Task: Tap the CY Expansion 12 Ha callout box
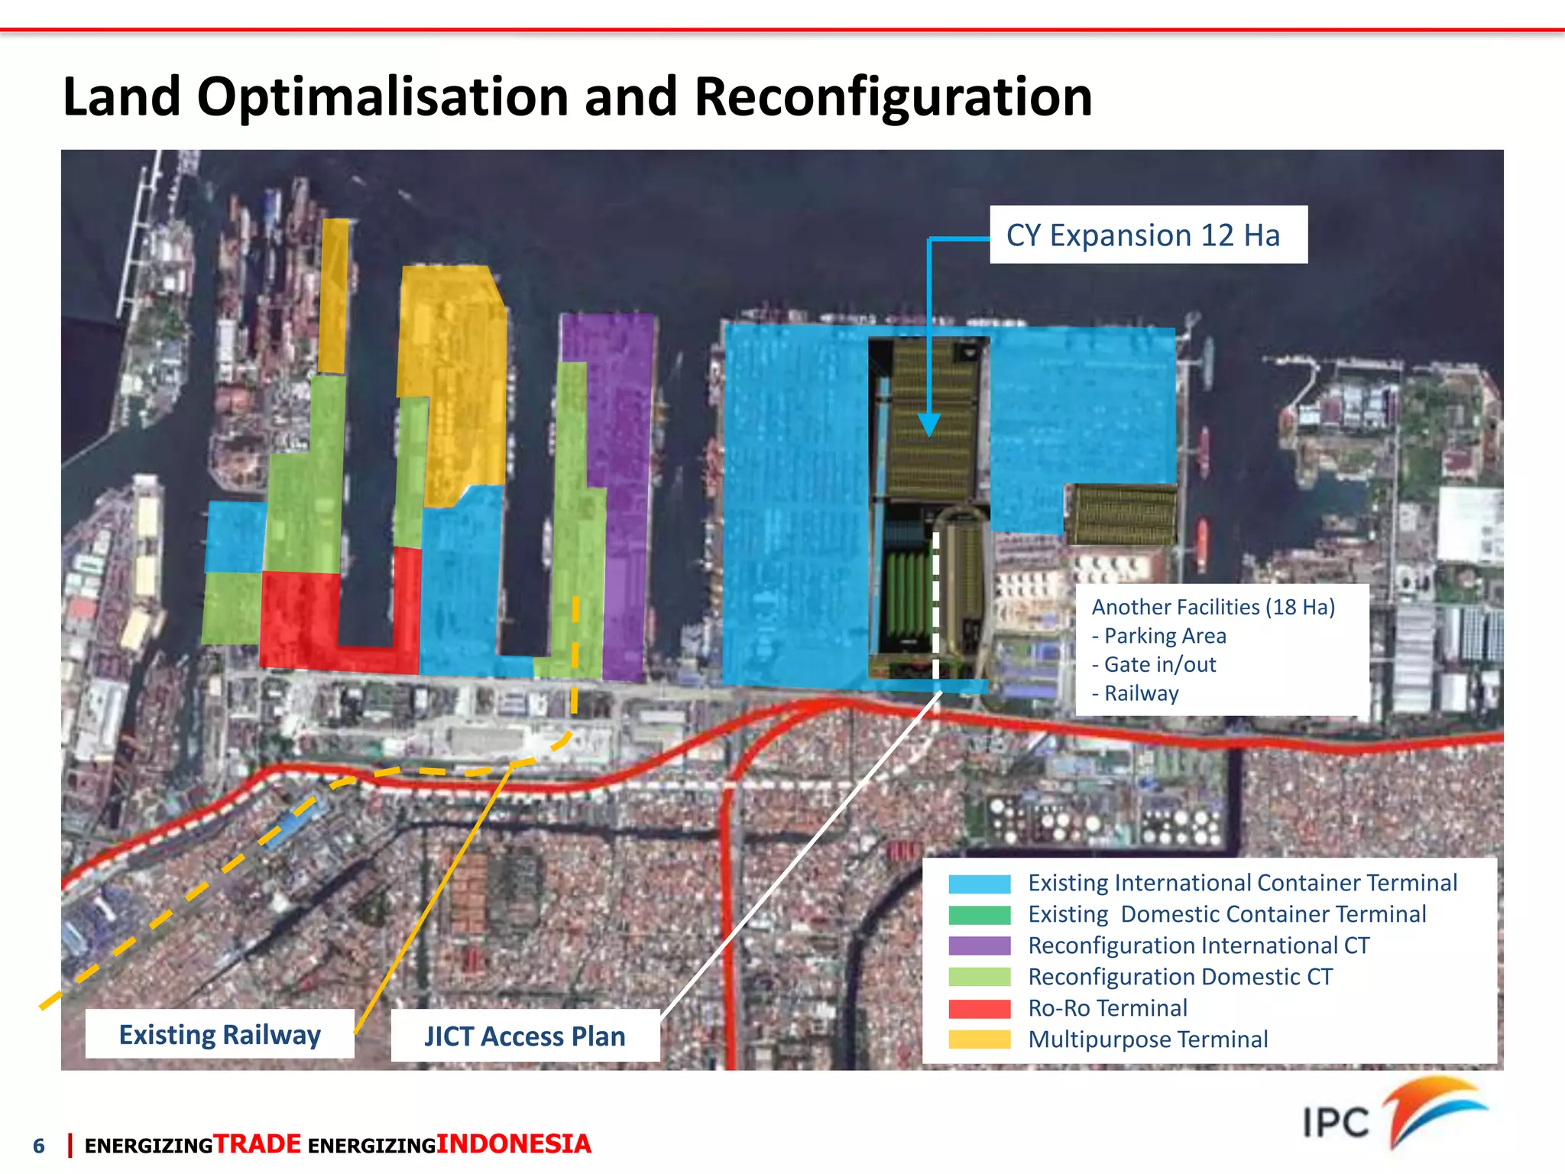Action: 1148,235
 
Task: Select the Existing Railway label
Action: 219,1034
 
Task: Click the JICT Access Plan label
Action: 525,1036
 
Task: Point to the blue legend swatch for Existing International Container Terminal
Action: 979,884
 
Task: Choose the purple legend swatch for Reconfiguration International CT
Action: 979,946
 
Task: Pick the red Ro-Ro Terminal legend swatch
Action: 979,1009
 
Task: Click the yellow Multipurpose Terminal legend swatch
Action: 979,1040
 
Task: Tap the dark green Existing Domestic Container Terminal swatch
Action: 979,915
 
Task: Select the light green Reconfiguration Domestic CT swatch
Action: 979,978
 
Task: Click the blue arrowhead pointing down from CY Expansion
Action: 928,424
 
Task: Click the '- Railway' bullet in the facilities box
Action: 1136,693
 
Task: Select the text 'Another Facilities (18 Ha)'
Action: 1213,607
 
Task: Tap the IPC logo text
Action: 1336,1123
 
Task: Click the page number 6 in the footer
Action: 39,1146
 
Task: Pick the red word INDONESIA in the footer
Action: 514,1144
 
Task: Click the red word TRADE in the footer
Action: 257,1144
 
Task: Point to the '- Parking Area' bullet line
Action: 1159,636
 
